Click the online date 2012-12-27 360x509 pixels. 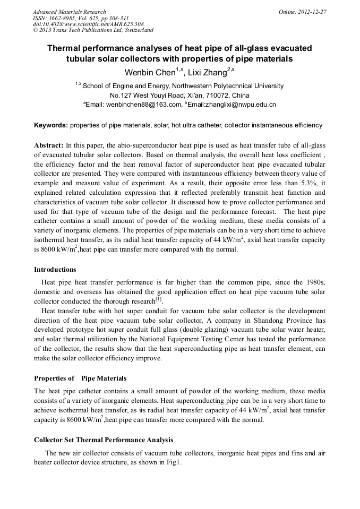tap(313, 11)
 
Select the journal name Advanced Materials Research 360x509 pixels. tap(69, 11)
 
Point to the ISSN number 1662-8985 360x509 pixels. tap(63, 18)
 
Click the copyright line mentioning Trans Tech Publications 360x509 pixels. tap(93, 30)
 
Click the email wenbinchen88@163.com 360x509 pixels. tap(143, 105)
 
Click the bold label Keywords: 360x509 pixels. tap(51, 126)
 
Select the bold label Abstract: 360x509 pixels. tap(49, 145)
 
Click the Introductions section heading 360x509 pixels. tap(55, 270)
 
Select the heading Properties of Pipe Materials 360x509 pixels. tap(80, 378)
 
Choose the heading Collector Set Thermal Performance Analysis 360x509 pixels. tap(104, 441)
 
